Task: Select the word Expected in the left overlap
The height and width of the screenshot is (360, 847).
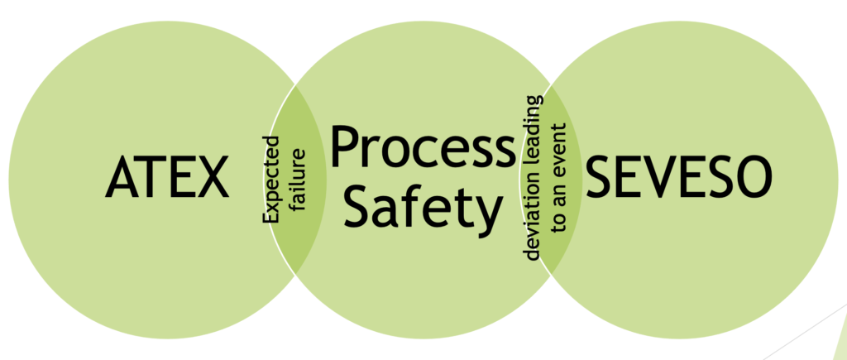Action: point(271,179)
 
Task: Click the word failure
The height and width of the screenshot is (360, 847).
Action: point(297,180)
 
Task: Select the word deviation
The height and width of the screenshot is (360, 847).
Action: point(533,220)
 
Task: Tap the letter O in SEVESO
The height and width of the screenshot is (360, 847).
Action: point(753,177)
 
